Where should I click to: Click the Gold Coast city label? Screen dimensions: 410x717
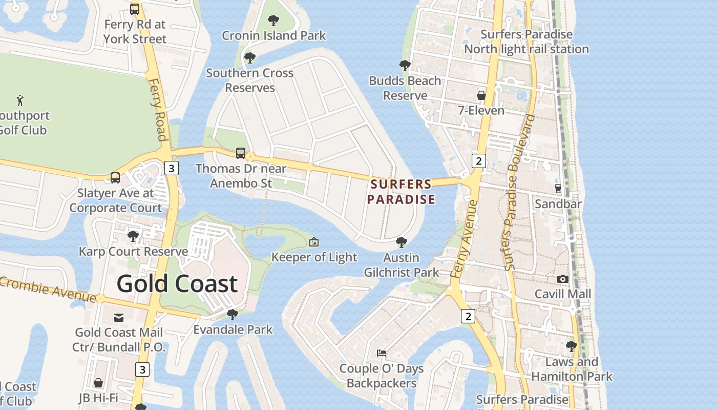tap(177, 283)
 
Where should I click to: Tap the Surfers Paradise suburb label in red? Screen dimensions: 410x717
tap(401, 192)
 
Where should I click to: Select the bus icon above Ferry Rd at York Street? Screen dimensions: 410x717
tap(135, 9)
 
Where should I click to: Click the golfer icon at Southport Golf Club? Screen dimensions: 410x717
tap(20, 100)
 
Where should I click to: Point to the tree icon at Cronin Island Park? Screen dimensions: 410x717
tap(273, 20)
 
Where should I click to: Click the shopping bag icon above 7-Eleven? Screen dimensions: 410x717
tap(481, 95)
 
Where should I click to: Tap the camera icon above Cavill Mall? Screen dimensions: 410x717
tap(563, 279)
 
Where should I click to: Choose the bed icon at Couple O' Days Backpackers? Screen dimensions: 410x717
tap(382, 353)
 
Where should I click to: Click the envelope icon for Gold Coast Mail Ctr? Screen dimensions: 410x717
tap(119, 318)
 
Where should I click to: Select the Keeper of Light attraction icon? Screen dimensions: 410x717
tap(314, 242)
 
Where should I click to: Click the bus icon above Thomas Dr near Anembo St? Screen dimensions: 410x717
tap(241, 153)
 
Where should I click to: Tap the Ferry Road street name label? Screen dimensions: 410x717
tap(158, 109)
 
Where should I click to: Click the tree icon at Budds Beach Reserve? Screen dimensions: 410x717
tap(405, 66)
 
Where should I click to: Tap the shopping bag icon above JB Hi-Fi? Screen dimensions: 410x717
tap(98, 383)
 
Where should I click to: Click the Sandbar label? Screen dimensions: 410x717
tap(558, 204)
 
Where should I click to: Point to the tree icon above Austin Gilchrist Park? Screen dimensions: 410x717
tap(402, 242)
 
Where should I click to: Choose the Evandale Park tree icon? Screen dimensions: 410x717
tap(233, 314)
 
